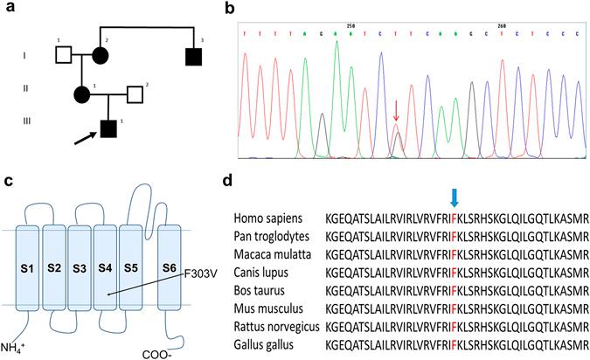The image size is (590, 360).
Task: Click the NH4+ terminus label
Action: point(17,349)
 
